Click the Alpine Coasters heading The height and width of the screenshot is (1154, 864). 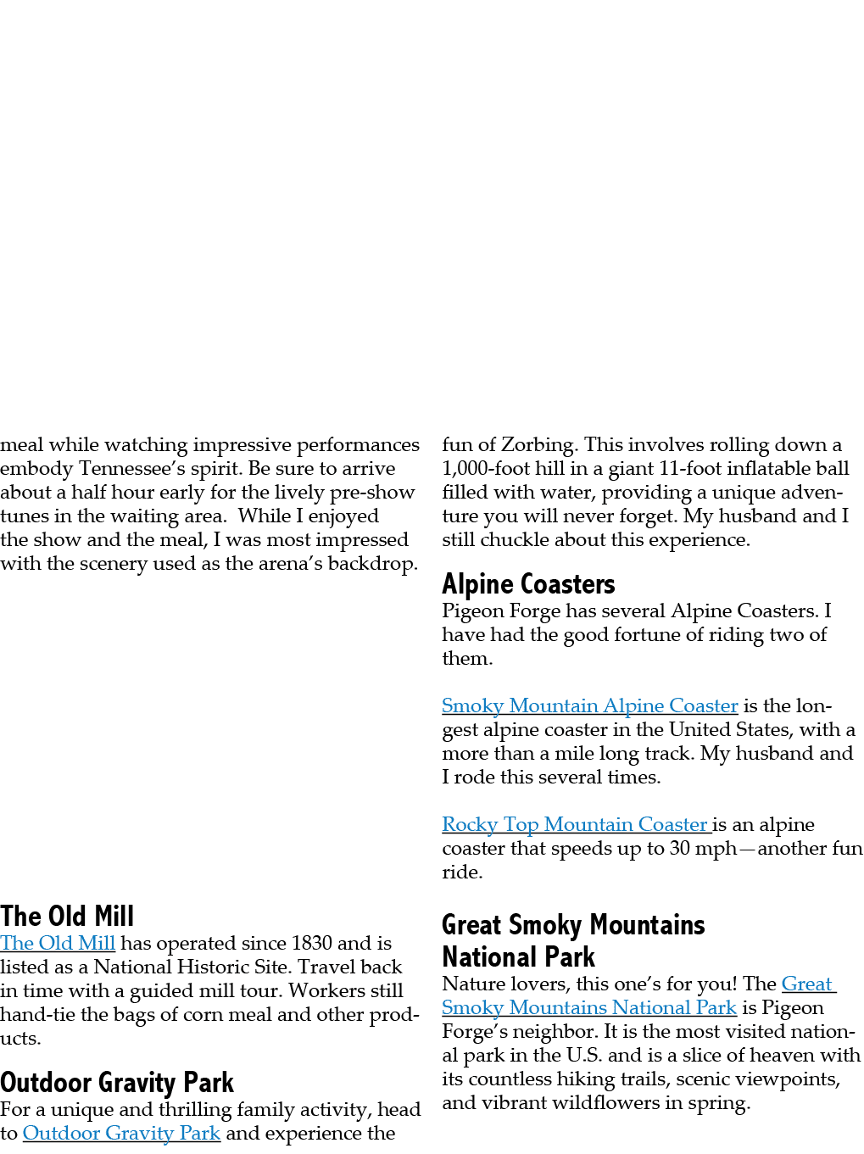click(x=528, y=584)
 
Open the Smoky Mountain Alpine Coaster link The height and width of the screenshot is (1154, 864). click(x=589, y=705)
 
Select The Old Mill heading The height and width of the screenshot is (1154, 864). click(x=67, y=916)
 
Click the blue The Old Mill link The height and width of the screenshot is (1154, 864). click(x=58, y=943)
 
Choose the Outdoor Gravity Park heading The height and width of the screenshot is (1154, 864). click(x=117, y=1083)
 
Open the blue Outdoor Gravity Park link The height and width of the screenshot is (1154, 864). click(x=121, y=1133)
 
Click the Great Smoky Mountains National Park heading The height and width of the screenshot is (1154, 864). click(x=573, y=940)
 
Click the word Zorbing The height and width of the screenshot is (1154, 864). click(x=537, y=445)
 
